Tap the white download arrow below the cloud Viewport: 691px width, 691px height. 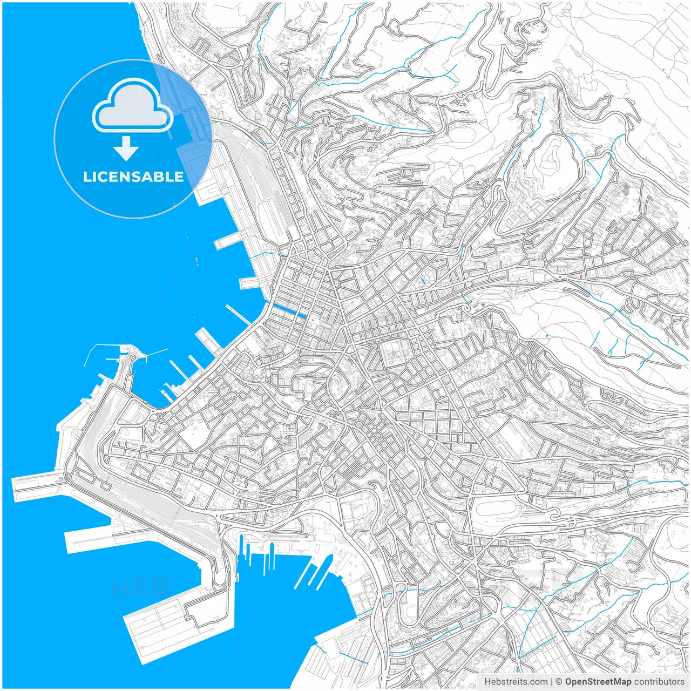point(126,148)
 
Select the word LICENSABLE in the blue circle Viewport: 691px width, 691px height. point(133,177)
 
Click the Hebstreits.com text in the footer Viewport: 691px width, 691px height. point(516,682)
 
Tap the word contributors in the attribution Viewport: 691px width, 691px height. point(659,682)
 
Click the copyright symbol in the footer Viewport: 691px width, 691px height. point(559,682)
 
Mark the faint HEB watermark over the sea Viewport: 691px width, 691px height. point(139,586)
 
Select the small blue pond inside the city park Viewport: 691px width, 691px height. point(423,281)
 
